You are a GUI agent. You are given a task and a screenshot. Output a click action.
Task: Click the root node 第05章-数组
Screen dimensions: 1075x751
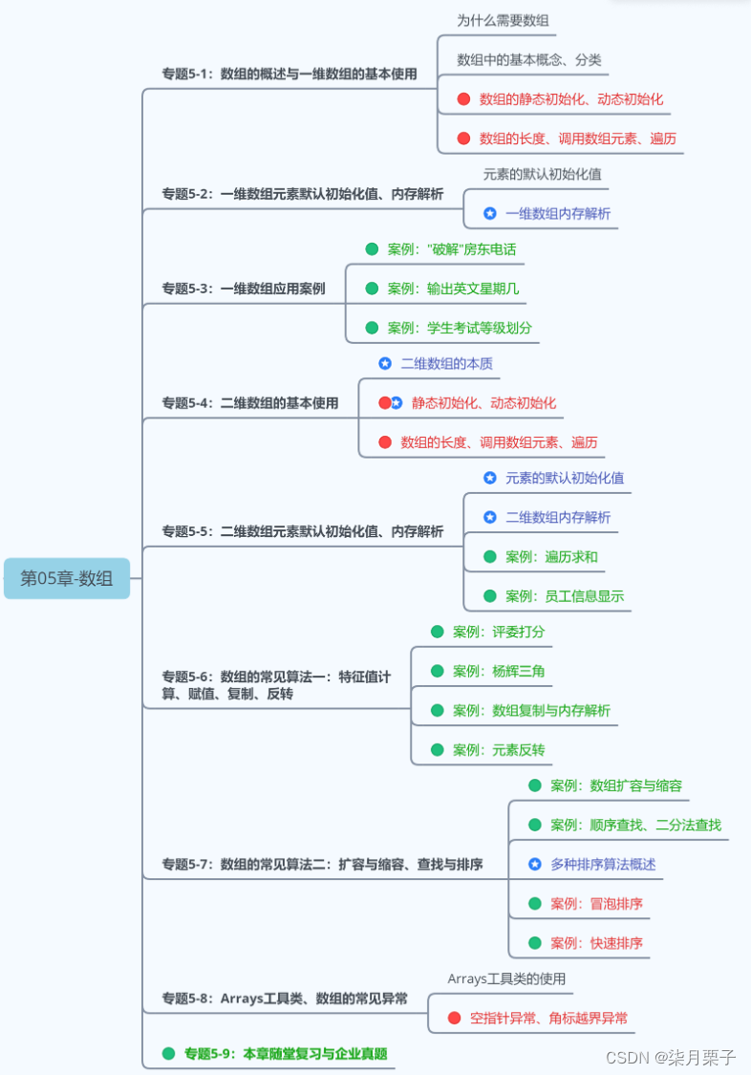pos(67,578)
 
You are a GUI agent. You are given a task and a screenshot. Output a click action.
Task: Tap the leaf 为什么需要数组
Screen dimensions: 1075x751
pos(503,20)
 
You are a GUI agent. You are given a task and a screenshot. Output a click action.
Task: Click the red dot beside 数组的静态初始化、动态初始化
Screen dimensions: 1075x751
pos(463,98)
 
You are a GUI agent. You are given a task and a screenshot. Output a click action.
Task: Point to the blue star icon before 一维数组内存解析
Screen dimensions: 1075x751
pos(490,213)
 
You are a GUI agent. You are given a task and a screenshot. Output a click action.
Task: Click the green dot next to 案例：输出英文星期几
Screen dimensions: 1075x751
pos(372,289)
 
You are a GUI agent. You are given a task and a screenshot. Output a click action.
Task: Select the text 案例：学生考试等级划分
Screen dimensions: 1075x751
pos(460,328)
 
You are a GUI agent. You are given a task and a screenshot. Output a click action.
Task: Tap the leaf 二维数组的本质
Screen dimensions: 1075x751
pos(446,363)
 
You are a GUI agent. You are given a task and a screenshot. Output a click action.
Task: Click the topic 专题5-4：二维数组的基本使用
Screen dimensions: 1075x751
pos(249,403)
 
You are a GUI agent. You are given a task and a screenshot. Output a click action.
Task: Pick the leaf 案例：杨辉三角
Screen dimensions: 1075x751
pos(499,671)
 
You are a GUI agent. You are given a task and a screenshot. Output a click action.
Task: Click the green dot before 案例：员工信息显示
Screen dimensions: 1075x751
pos(490,596)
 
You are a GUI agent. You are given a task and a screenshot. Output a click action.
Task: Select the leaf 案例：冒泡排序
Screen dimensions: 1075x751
pos(596,903)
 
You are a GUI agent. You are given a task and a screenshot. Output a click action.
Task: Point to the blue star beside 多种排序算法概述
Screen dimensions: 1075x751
pos(535,864)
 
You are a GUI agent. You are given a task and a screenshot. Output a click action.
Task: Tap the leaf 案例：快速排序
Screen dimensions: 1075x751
pos(596,943)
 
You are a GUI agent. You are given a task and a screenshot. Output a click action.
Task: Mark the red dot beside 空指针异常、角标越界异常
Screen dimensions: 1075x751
pos(455,1018)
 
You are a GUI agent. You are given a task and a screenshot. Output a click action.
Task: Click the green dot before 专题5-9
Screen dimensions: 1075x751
pos(169,1053)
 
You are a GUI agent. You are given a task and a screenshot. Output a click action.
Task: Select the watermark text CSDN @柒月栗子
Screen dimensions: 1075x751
pos(671,1057)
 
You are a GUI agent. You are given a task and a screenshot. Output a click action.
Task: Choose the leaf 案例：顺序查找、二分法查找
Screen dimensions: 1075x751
pos(635,825)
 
